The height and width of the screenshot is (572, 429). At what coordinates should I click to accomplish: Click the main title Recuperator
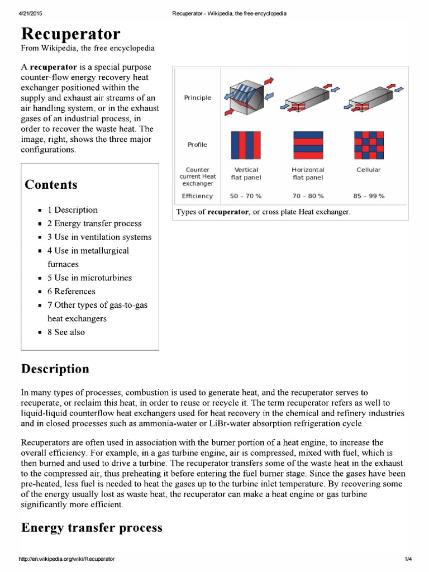tap(70, 35)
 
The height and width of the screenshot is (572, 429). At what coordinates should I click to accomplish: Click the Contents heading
tap(51, 185)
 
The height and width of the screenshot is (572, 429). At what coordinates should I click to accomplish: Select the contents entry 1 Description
tap(72, 210)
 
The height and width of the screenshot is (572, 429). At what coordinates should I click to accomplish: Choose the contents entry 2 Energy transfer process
tap(94, 223)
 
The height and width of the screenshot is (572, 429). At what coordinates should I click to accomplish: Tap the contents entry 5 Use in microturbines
tap(89, 278)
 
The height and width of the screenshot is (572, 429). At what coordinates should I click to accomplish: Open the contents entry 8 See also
tap(66, 332)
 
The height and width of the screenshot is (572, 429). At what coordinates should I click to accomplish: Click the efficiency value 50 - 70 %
tap(246, 196)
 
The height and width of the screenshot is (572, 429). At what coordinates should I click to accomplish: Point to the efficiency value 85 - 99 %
tap(369, 196)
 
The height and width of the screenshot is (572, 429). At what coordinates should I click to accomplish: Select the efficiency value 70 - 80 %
tap(307, 196)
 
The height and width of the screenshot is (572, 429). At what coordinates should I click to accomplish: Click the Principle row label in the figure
tap(198, 98)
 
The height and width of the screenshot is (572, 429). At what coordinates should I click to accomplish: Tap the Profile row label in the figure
tap(197, 145)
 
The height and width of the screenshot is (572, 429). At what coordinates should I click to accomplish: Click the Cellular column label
tap(369, 170)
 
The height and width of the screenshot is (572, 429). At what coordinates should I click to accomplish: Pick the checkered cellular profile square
tap(369, 145)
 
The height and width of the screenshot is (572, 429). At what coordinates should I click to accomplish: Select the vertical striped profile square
tap(246, 145)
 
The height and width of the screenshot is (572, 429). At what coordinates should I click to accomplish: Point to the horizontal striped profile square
tap(308, 145)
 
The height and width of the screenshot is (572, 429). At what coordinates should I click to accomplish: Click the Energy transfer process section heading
tap(92, 527)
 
